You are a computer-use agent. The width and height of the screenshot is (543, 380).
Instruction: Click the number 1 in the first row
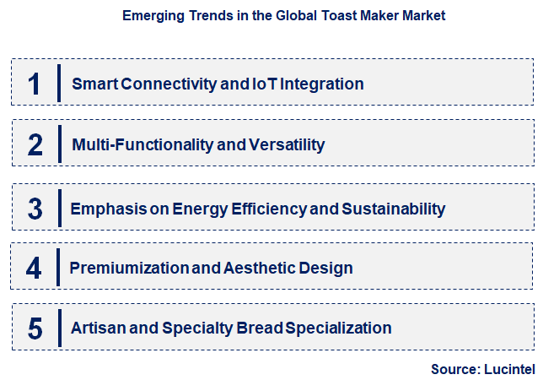point(34,84)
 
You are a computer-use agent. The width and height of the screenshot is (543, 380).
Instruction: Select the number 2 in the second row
point(35,144)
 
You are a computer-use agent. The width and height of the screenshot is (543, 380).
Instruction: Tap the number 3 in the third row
point(35,208)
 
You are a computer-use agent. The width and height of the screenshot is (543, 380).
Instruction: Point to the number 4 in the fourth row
point(34,269)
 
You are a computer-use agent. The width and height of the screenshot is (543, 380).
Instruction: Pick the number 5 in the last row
point(35,328)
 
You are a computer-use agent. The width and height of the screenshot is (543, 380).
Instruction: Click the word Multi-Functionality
point(142,144)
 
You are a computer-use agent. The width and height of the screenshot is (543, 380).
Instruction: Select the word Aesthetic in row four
point(256,269)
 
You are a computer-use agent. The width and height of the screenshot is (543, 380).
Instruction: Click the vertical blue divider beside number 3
point(59,208)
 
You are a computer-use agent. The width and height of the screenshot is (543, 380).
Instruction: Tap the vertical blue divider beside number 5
point(59,328)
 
